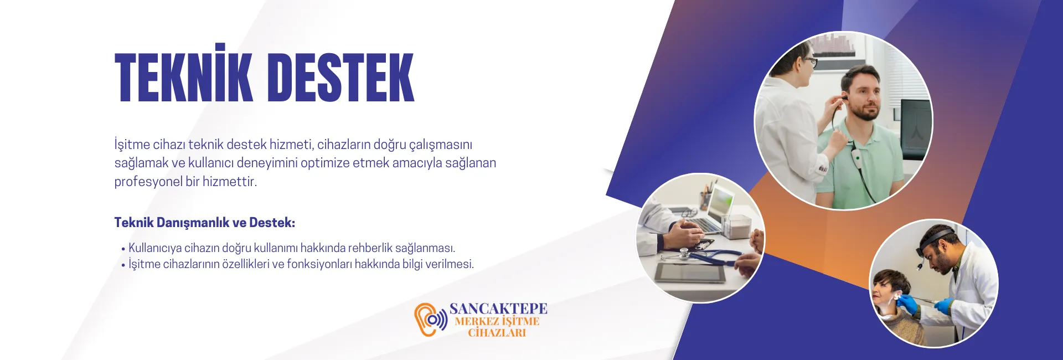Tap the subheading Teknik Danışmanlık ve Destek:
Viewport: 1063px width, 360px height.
[x=205, y=223]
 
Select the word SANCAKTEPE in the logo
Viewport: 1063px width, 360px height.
[x=498, y=308]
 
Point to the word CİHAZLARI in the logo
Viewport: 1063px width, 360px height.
[x=497, y=333]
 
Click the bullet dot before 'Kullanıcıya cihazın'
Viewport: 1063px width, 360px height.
[x=123, y=249]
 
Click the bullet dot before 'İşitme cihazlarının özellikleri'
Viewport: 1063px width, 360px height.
[x=123, y=265]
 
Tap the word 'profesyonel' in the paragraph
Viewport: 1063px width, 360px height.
[x=148, y=182]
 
